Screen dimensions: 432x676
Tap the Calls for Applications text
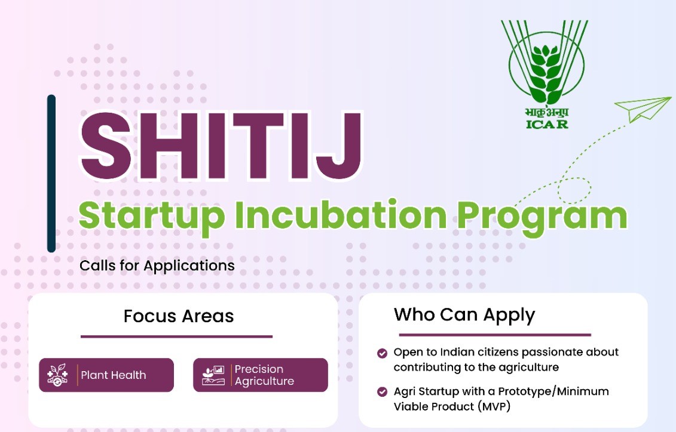pyautogui.click(x=157, y=265)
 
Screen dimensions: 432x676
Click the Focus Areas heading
pyautogui.click(x=179, y=316)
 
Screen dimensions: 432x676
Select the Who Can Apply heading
pyautogui.click(x=464, y=314)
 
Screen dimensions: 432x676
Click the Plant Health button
pyautogui.click(x=106, y=375)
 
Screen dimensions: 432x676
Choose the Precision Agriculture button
pyautogui.click(x=261, y=375)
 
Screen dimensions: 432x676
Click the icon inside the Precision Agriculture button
pyautogui.click(x=213, y=375)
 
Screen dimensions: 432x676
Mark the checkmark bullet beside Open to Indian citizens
pyautogui.click(x=382, y=353)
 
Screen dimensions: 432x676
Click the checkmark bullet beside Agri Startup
pyautogui.click(x=382, y=392)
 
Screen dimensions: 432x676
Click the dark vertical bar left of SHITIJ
pyautogui.click(x=51, y=173)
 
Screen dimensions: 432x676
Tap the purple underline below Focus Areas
pyautogui.click(x=176, y=337)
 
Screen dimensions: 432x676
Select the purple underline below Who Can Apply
pyautogui.click(x=494, y=335)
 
